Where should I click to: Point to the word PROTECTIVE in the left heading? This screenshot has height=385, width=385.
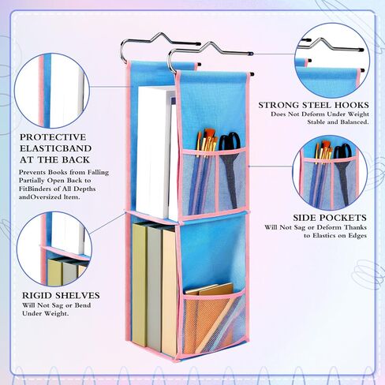[53, 137]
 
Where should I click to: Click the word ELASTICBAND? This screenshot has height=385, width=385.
[55, 148]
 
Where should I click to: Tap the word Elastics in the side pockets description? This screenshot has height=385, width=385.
[324, 236]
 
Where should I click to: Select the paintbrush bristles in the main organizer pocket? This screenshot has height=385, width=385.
[207, 139]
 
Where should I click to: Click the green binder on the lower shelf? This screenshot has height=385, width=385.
[140, 284]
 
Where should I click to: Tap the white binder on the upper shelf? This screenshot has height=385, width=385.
[152, 152]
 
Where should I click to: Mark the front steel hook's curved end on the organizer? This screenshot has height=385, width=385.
[171, 61]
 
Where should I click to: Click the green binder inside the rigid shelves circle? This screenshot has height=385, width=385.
[54, 272]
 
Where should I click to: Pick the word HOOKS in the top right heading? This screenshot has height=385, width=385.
[352, 105]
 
